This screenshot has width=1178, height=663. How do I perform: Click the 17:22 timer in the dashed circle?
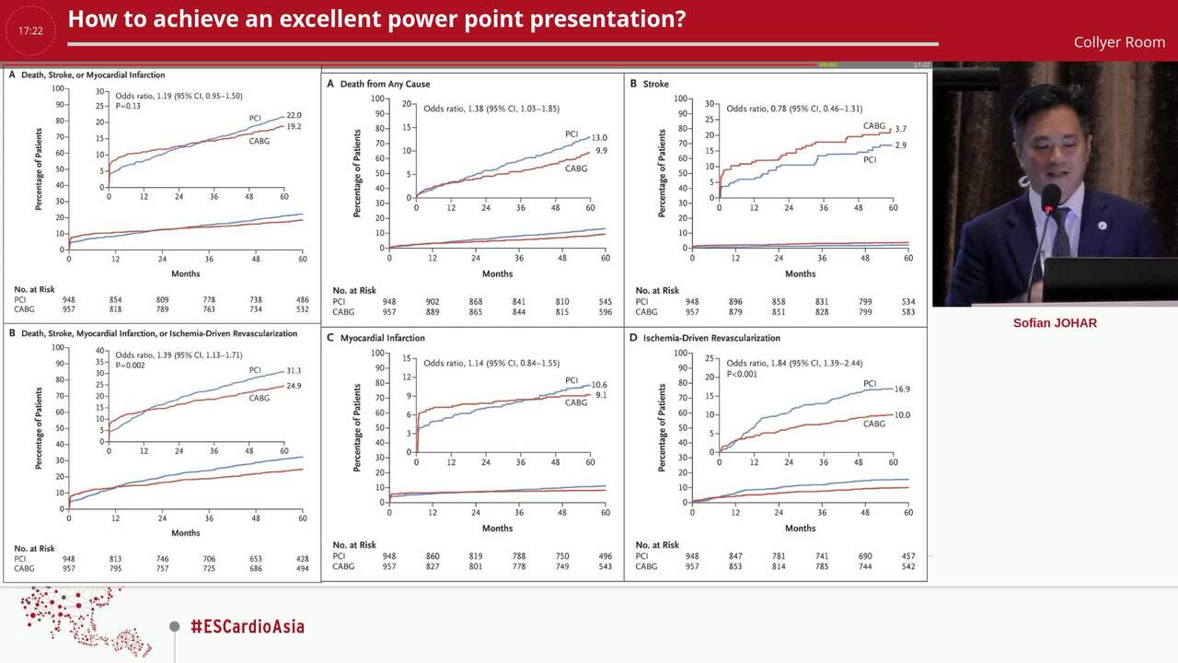click(x=30, y=30)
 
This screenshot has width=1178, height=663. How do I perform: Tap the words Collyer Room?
click(x=1119, y=42)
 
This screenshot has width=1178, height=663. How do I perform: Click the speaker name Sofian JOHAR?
click(x=1055, y=323)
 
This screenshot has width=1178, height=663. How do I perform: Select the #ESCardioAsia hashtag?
click(x=247, y=627)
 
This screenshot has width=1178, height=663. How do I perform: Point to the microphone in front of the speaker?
click(x=1050, y=198)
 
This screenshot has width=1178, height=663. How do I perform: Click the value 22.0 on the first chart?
click(x=294, y=115)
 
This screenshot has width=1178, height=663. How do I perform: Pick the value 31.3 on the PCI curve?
click(x=294, y=370)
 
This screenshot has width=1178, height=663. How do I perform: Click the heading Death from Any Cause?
click(x=385, y=84)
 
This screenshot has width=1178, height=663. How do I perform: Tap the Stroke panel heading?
click(x=655, y=84)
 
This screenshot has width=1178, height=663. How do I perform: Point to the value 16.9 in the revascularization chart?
click(x=902, y=390)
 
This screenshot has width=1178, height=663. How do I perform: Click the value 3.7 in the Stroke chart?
click(x=900, y=130)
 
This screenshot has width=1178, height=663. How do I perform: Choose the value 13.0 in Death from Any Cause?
click(x=599, y=137)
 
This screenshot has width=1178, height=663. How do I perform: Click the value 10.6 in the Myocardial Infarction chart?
click(x=599, y=384)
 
